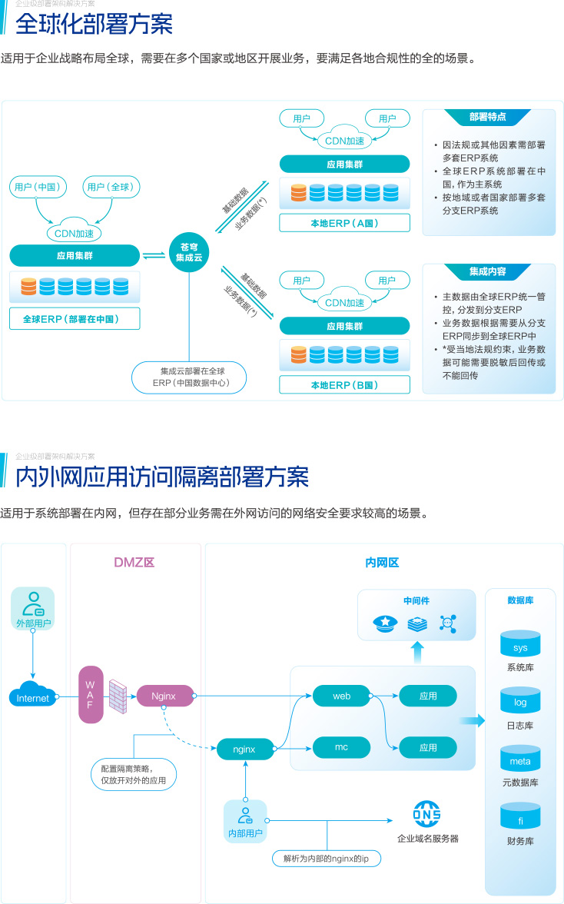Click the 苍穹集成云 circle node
[x=188, y=252]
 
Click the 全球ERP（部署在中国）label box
[x=75, y=319]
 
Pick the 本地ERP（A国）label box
[x=344, y=223]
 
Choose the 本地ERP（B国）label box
[x=344, y=384]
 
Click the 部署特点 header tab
[x=488, y=118]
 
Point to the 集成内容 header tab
[x=488, y=272]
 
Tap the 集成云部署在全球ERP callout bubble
[x=191, y=377]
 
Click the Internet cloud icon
[x=33, y=696]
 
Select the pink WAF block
[x=90, y=695]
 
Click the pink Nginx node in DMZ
[x=164, y=696]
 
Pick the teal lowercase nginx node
[x=245, y=747]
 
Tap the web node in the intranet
[x=342, y=696]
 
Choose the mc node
[x=342, y=747]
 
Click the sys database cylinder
[x=520, y=644]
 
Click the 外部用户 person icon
[x=33, y=603]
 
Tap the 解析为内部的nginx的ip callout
[x=327, y=857]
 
